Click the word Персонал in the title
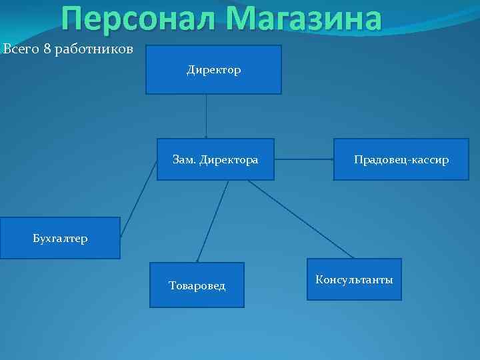(x=137, y=19)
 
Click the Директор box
(x=213, y=69)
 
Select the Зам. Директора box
(x=215, y=159)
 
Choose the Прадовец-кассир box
(x=401, y=159)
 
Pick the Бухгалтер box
(x=60, y=238)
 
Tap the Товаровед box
(x=197, y=285)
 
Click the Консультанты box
(x=354, y=279)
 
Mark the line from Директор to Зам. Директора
(x=206, y=116)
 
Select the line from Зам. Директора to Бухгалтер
(x=139, y=199)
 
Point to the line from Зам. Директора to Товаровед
(x=213, y=220)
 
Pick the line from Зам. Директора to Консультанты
(x=300, y=219)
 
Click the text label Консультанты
(x=354, y=279)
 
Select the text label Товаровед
(x=197, y=286)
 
